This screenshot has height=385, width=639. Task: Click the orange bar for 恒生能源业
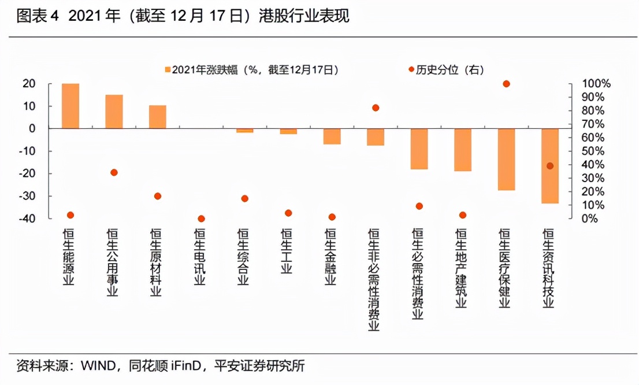pos(70,106)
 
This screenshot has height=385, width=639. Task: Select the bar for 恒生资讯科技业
pos(550,165)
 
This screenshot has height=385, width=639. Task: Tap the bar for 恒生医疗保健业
pos(506,159)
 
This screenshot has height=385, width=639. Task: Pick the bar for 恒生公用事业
pos(114,112)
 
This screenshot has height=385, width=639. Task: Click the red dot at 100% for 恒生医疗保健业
pos(507,84)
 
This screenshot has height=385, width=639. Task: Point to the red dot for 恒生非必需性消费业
pos(376,108)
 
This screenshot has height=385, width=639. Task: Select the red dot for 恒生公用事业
pos(114,172)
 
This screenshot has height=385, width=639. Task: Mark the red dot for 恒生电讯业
pos(201,219)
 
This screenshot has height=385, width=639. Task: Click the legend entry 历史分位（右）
pos(445,70)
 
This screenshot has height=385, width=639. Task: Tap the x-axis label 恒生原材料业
pos(156,262)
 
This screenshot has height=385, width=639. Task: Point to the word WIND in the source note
pos(97,366)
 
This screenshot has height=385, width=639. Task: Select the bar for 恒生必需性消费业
pos(419,149)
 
